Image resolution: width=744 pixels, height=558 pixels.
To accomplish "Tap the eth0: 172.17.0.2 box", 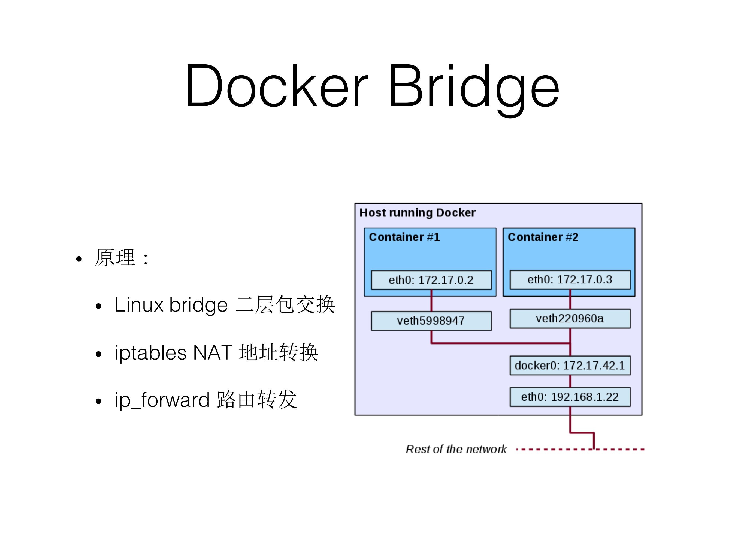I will (x=431, y=280).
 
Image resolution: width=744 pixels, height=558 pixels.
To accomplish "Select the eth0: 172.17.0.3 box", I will (x=570, y=279).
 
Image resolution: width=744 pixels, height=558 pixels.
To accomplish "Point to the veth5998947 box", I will (x=431, y=321).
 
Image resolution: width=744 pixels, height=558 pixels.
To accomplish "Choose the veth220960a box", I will (x=570, y=318).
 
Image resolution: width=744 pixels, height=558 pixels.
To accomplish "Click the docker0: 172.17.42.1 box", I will (x=570, y=365).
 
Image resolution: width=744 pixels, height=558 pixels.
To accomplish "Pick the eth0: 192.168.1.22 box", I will (x=570, y=397).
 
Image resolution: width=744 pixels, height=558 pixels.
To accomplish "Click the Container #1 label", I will (x=404, y=237).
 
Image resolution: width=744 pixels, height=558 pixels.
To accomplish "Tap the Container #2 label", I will (x=543, y=237).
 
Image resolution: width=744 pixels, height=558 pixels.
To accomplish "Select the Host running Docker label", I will (x=418, y=213).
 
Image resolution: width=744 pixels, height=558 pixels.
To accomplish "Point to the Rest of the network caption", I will (x=456, y=449).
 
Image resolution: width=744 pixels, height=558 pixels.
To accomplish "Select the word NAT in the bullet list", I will (x=213, y=352).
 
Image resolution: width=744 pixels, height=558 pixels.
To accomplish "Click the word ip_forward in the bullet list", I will (x=162, y=400).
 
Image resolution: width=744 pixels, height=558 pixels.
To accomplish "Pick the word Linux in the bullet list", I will (x=139, y=305).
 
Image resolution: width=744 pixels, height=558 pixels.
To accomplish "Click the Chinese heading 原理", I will (x=115, y=258).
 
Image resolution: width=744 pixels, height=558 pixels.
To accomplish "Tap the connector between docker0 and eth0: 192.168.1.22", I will (x=570, y=381).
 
